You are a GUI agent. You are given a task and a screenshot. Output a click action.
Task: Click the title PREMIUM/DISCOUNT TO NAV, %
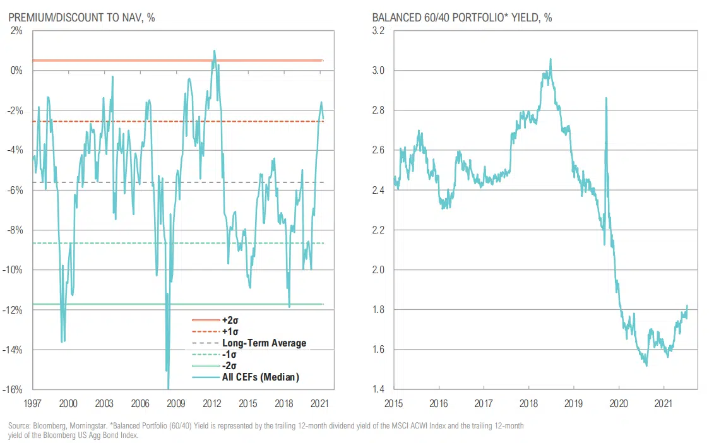[x=81, y=18]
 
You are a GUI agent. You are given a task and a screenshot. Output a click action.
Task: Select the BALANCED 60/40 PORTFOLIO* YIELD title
[x=462, y=18]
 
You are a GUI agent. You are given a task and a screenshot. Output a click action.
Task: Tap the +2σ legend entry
[x=229, y=321]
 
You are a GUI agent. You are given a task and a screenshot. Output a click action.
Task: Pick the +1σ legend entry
[x=229, y=332]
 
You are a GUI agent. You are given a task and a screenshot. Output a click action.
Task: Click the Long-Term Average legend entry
[x=264, y=343]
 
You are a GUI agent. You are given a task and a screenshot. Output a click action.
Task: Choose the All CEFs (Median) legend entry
[x=260, y=377]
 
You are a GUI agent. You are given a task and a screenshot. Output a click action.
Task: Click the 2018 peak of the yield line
[x=550, y=59]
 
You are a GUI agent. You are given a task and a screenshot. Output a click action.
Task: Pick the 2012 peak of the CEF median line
[x=215, y=50]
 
